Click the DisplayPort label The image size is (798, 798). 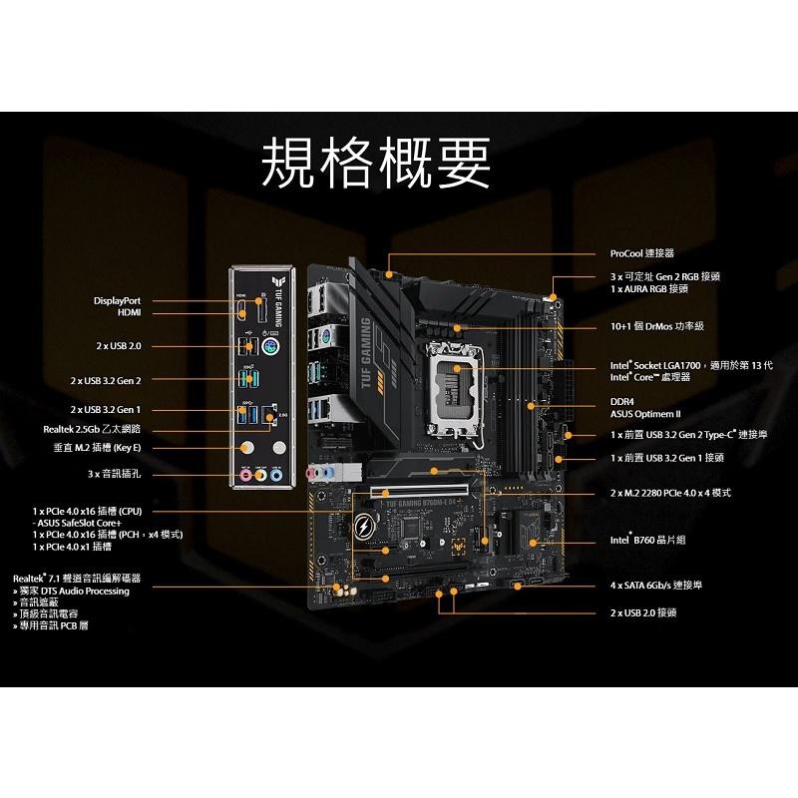tap(118, 299)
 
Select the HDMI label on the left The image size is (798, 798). tap(130, 312)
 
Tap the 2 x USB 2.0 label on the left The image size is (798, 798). tap(120, 346)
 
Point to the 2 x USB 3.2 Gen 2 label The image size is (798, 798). tap(106, 380)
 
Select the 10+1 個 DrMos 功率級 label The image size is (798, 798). tap(657, 326)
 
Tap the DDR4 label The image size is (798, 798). tap(622, 401)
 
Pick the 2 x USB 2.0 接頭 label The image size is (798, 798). tap(643, 612)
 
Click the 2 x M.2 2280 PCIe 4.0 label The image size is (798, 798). tap(670, 493)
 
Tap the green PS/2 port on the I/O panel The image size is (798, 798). tap(271, 345)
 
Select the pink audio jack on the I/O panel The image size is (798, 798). tap(246, 475)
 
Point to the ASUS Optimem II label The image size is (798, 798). tap(644, 413)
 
